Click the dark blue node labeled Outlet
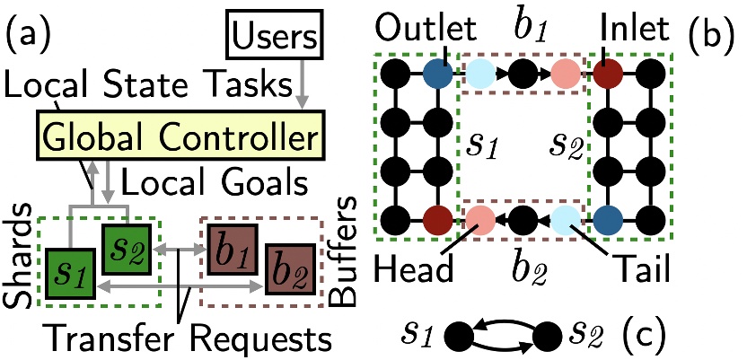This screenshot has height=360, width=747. click(437, 71)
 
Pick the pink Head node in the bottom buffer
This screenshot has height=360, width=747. click(479, 218)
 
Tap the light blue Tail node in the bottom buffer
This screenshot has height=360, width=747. click(566, 218)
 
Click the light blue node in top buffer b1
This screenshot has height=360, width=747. click(479, 71)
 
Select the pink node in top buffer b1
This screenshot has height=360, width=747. click(565, 71)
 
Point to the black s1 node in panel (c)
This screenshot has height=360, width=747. click(464, 337)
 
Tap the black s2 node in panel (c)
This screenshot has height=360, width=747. click(549, 337)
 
